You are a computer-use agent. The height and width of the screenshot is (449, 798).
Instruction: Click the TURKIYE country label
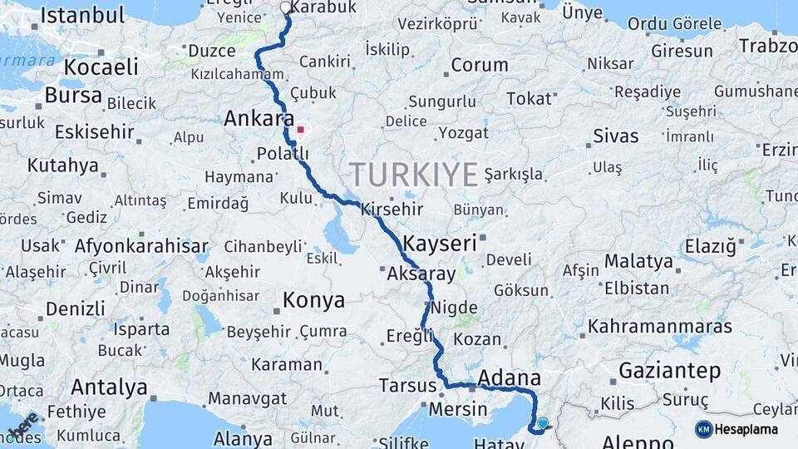tap(413, 175)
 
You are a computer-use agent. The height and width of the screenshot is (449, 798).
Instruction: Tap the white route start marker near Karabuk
tap(286, 8)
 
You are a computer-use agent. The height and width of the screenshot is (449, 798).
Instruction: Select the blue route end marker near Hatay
tap(543, 423)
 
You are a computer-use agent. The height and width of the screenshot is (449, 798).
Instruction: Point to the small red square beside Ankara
tap(300, 130)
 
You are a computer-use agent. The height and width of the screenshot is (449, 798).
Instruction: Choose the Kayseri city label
tap(440, 244)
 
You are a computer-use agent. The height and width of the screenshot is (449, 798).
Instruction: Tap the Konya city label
tap(313, 300)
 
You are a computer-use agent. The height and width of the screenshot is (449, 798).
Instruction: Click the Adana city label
tap(510, 378)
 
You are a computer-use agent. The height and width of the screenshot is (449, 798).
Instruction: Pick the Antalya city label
tap(109, 387)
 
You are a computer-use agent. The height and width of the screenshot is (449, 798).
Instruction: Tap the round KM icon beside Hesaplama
tap(703, 429)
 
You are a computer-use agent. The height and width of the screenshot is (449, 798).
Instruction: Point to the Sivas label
tap(616, 136)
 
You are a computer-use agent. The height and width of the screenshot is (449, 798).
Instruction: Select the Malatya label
tap(638, 261)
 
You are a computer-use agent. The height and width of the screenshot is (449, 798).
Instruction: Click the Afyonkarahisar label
tap(141, 246)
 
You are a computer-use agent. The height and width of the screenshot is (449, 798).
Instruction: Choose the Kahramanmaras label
tap(660, 327)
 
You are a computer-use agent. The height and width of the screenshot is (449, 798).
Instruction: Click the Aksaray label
tap(421, 274)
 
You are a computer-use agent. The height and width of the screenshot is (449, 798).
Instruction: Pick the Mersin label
tap(458, 409)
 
